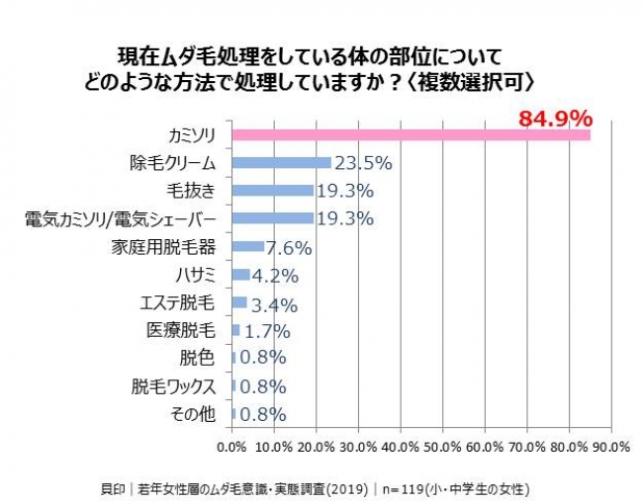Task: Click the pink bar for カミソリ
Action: [x=412, y=135]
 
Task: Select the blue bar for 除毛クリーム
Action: [x=282, y=163]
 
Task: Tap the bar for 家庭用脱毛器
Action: [x=248, y=246]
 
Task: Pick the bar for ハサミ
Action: [x=240, y=275]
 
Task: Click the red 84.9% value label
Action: [x=556, y=119]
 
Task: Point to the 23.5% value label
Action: [x=364, y=163]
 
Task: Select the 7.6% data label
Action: [x=289, y=248]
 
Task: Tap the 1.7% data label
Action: [x=267, y=331]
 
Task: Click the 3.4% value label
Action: [x=274, y=305]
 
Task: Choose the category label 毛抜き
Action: [x=191, y=191]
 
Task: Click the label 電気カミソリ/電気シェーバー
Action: [x=120, y=219]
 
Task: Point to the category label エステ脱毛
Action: [x=177, y=303]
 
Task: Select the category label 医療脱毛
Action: [x=181, y=330]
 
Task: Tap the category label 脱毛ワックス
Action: [x=173, y=386]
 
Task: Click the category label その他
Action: [x=193, y=414]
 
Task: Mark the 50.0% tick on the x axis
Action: [x=443, y=447]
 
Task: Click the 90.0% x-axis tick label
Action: [x=611, y=447]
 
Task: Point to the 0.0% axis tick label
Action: [x=232, y=447]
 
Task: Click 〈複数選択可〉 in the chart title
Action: [x=471, y=82]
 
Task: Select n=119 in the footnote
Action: [x=403, y=489]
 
